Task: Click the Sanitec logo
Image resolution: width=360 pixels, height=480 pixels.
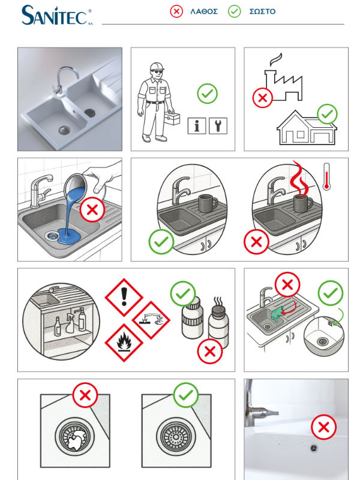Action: click(x=56, y=16)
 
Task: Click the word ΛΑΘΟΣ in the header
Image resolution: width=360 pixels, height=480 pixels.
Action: click(x=204, y=11)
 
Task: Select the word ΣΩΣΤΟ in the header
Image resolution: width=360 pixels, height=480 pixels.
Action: click(x=262, y=11)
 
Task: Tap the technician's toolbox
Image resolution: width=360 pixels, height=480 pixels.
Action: click(x=172, y=118)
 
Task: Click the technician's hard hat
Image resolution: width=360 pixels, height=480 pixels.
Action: click(x=157, y=67)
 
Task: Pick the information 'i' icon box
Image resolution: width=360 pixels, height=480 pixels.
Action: click(x=197, y=126)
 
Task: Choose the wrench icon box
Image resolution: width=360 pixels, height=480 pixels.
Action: click(x=218, y=126)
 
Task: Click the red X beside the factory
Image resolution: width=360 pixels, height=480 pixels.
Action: click(x=262, y=98)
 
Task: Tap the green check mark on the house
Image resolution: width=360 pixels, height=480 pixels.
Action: click(x=327, y=114)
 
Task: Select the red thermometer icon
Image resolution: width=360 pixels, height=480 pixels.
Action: click(x=326, y=176)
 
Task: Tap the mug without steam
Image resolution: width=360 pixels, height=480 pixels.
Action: click(x=208, y=203)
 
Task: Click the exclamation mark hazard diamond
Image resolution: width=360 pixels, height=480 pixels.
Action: click(x=124, y=297)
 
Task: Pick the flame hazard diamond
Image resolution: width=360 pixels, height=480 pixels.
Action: click(x=124, y=343)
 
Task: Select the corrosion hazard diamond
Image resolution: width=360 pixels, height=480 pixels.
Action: click(x=151, y=320)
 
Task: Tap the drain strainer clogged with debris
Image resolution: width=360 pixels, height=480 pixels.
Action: click(x=74, y=436)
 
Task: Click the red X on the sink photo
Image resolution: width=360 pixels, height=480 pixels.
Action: click(x=323, y=427)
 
